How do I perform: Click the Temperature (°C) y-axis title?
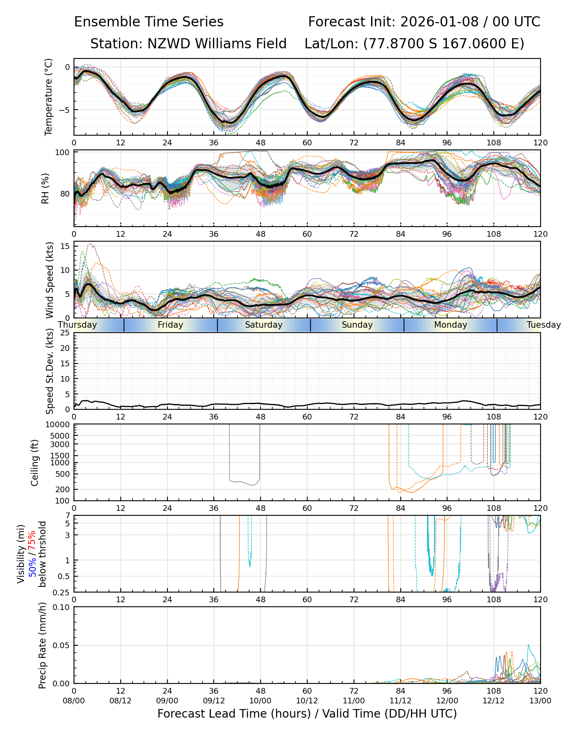(49, 97)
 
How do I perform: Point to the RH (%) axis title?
(45, 188)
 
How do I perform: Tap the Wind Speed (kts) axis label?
(50, 280)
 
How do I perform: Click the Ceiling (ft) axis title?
(35, 463)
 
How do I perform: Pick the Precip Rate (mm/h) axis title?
(42, 645)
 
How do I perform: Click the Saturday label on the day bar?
(263, 325)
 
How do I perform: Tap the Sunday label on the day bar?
(357, 325)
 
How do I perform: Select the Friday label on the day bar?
(170, 325)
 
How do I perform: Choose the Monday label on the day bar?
(450, 325)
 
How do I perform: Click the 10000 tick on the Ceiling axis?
(59, 425)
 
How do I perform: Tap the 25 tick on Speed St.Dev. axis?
(65, 333)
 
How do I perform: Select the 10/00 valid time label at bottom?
(261, 701)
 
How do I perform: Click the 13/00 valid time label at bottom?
(540, 701)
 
